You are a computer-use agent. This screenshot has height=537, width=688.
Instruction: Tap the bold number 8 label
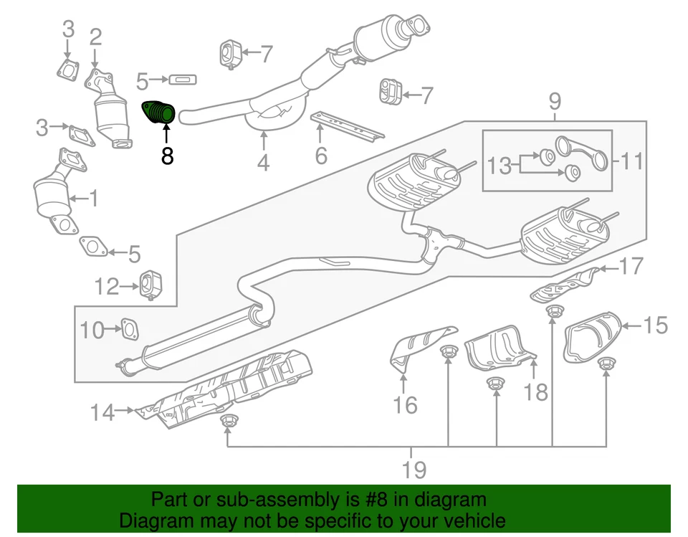click(x=167, y=155)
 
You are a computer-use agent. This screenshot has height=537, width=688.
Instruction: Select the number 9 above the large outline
click(x=555, y=102)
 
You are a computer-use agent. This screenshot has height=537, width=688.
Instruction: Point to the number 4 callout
click(x=264, y=163)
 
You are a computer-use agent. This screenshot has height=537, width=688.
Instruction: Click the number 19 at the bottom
click(x=414, y=470)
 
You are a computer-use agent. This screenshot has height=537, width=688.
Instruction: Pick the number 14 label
click(x=102, y=412)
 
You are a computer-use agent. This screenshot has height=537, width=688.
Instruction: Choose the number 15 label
click(x=655, y=325)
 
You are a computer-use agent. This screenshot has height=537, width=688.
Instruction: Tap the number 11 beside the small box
click(x=631, y=161)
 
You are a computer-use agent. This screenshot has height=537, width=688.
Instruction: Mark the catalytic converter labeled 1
click(x=53, y=194)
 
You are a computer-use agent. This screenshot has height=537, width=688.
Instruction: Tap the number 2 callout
click(x=95, y=37)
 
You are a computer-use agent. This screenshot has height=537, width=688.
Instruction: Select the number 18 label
click(x=535, y=391)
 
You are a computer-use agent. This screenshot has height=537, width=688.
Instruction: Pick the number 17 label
click(x=631, y=267)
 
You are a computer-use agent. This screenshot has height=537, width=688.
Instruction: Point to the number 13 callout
click(x=501, y=166)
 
